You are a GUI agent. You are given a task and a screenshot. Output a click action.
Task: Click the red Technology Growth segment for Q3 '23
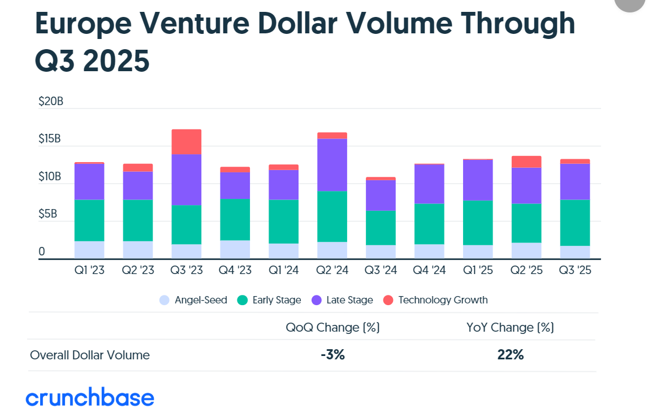[x=186, y=142]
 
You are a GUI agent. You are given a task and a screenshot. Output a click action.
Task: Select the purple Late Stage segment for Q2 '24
[x=332, y=164]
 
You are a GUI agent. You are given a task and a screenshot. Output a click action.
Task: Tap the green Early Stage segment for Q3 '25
[x=574, y=223]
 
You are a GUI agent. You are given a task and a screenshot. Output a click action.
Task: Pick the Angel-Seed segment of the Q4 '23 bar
[x=235, y=249]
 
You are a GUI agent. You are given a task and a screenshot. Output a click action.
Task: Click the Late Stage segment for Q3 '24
[x=381, y=196]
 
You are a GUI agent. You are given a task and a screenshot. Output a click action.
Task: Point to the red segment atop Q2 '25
[x=526, y=162]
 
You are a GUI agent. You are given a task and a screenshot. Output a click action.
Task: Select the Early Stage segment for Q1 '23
[x=89, y=220]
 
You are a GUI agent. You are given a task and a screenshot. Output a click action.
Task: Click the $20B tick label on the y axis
[x=50, y=102]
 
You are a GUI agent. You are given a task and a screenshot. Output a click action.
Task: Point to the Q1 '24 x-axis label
[x=283, y=271]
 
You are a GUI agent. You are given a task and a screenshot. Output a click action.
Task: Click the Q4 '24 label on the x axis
[x=429, y=271]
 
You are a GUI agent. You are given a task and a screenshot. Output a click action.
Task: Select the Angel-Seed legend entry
[x=194, y=300]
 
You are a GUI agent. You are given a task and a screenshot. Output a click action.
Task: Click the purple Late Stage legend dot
[x=317, y=300]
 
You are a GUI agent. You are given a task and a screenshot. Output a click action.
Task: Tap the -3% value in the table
[x=332, y=355]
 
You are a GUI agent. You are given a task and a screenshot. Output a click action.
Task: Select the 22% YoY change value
[x=511, y=355]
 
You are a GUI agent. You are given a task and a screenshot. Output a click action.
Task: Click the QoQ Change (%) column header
[x=332, y=327]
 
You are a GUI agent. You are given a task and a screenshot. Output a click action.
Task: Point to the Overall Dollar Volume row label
[x=90, y=355]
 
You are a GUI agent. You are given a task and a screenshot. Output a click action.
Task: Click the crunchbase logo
[x=90, y=398]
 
